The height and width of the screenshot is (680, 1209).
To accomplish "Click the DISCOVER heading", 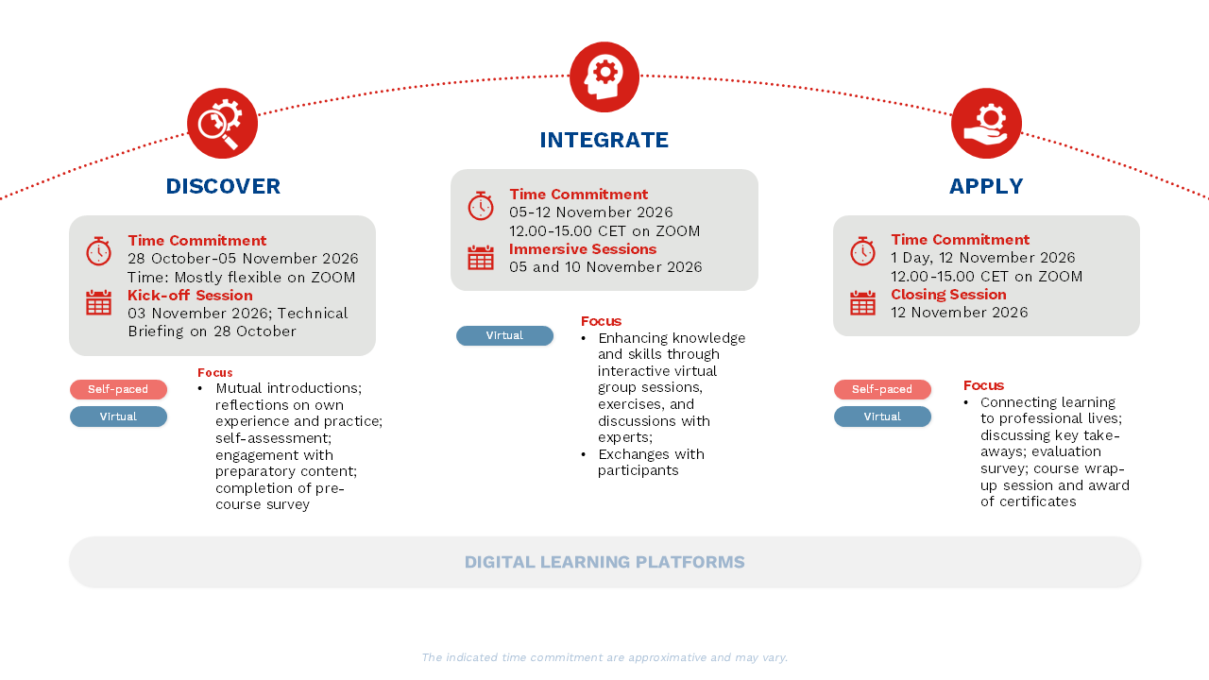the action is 223,186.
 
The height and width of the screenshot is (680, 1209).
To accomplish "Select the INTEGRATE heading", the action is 604,140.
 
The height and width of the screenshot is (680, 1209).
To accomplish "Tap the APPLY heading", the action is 986,186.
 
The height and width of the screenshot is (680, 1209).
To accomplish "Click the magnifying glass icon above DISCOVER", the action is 222,123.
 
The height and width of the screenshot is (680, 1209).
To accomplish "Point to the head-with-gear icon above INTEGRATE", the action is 604,76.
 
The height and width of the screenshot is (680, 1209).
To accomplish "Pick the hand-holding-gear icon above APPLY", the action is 986,123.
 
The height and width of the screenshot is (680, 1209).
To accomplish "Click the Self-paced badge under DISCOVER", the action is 118,389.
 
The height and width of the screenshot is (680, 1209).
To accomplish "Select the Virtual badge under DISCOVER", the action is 118,416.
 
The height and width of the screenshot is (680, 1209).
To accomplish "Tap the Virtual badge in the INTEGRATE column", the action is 504,335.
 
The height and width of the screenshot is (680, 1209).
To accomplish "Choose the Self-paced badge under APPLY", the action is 882,389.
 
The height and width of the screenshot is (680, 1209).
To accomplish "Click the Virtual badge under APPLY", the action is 882,416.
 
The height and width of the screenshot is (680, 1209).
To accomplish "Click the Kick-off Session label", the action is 190,296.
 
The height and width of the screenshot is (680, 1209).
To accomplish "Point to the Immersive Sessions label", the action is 583,248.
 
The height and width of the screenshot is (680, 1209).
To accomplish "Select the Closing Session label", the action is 949,294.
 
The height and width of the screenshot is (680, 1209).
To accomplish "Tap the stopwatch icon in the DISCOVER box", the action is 99,251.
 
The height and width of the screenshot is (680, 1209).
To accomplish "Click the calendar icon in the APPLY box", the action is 862,303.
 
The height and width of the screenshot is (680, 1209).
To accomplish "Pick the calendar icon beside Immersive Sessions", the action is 481,258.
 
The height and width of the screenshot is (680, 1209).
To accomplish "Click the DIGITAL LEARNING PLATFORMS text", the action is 604,562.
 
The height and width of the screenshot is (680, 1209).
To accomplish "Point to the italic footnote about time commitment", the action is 604,657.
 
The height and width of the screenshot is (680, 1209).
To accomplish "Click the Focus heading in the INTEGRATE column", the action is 602,321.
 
